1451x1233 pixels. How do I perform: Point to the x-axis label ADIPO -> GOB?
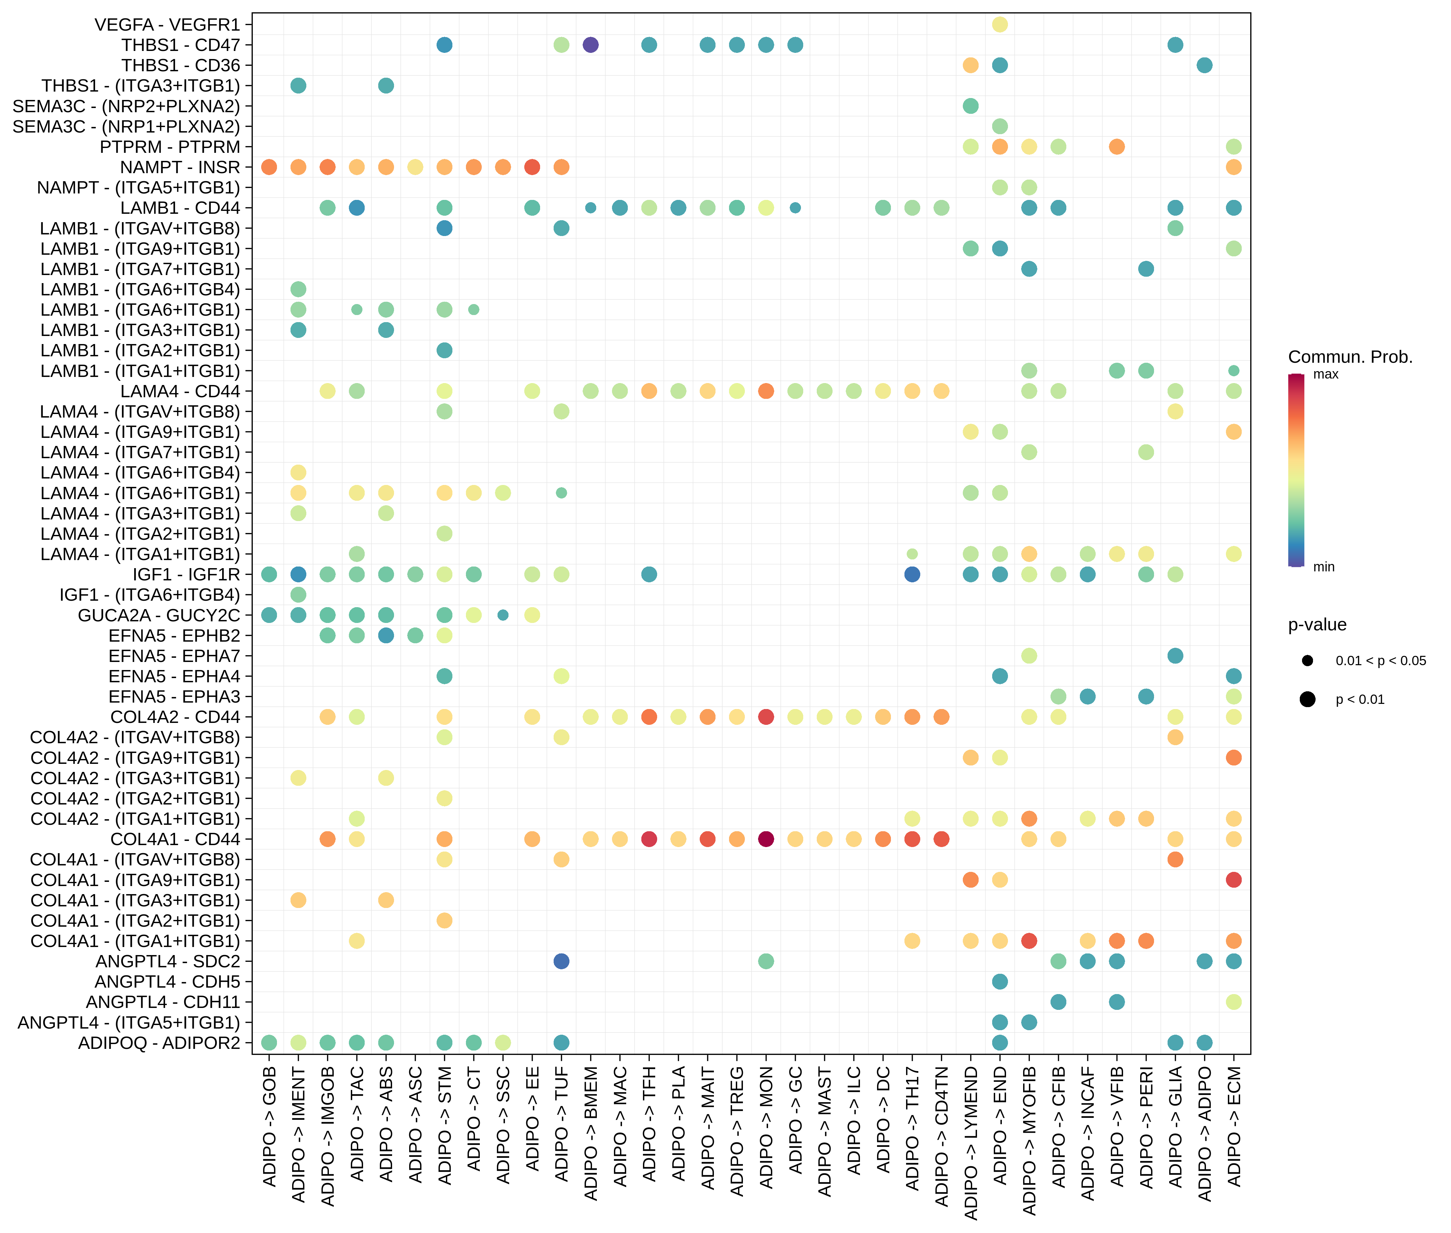(269, 1125)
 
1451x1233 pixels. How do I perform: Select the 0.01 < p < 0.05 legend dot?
(1307, 661)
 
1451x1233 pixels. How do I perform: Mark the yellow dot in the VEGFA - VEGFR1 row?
(1000, 25)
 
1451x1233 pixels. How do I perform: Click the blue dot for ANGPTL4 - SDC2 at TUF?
(561, 961)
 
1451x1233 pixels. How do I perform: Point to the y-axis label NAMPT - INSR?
(180, 167)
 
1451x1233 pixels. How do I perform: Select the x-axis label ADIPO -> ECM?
(1234, 1125)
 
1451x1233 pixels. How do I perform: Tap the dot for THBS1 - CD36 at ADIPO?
(1204, 65)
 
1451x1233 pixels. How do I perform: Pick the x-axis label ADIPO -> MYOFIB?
(1029, 1139)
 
